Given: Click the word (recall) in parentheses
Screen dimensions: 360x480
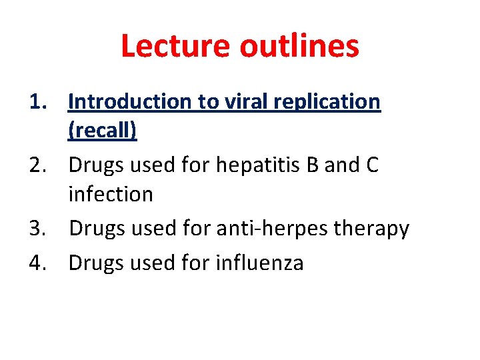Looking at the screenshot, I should pyautogui.click(x=102, y=131).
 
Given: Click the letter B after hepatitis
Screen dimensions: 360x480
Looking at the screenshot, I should pyautogui.click(x=312, y=165).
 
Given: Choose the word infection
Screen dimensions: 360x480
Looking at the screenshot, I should pyautogui.click(x=111, y=194).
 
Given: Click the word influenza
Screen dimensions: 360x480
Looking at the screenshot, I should pyautogui.click(x=259, y=263).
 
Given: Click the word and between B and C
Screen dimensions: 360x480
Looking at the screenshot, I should pyautogui.click(x=341, y=165).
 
